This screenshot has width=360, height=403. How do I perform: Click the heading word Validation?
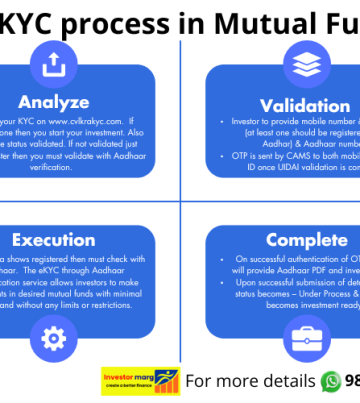[304, 106]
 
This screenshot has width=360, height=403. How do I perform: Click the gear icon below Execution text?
[46, 333]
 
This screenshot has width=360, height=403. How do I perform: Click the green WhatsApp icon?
[331, 381]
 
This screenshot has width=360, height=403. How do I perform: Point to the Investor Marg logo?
[140, 381]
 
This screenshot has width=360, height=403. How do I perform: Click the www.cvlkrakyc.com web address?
[91, 121]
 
